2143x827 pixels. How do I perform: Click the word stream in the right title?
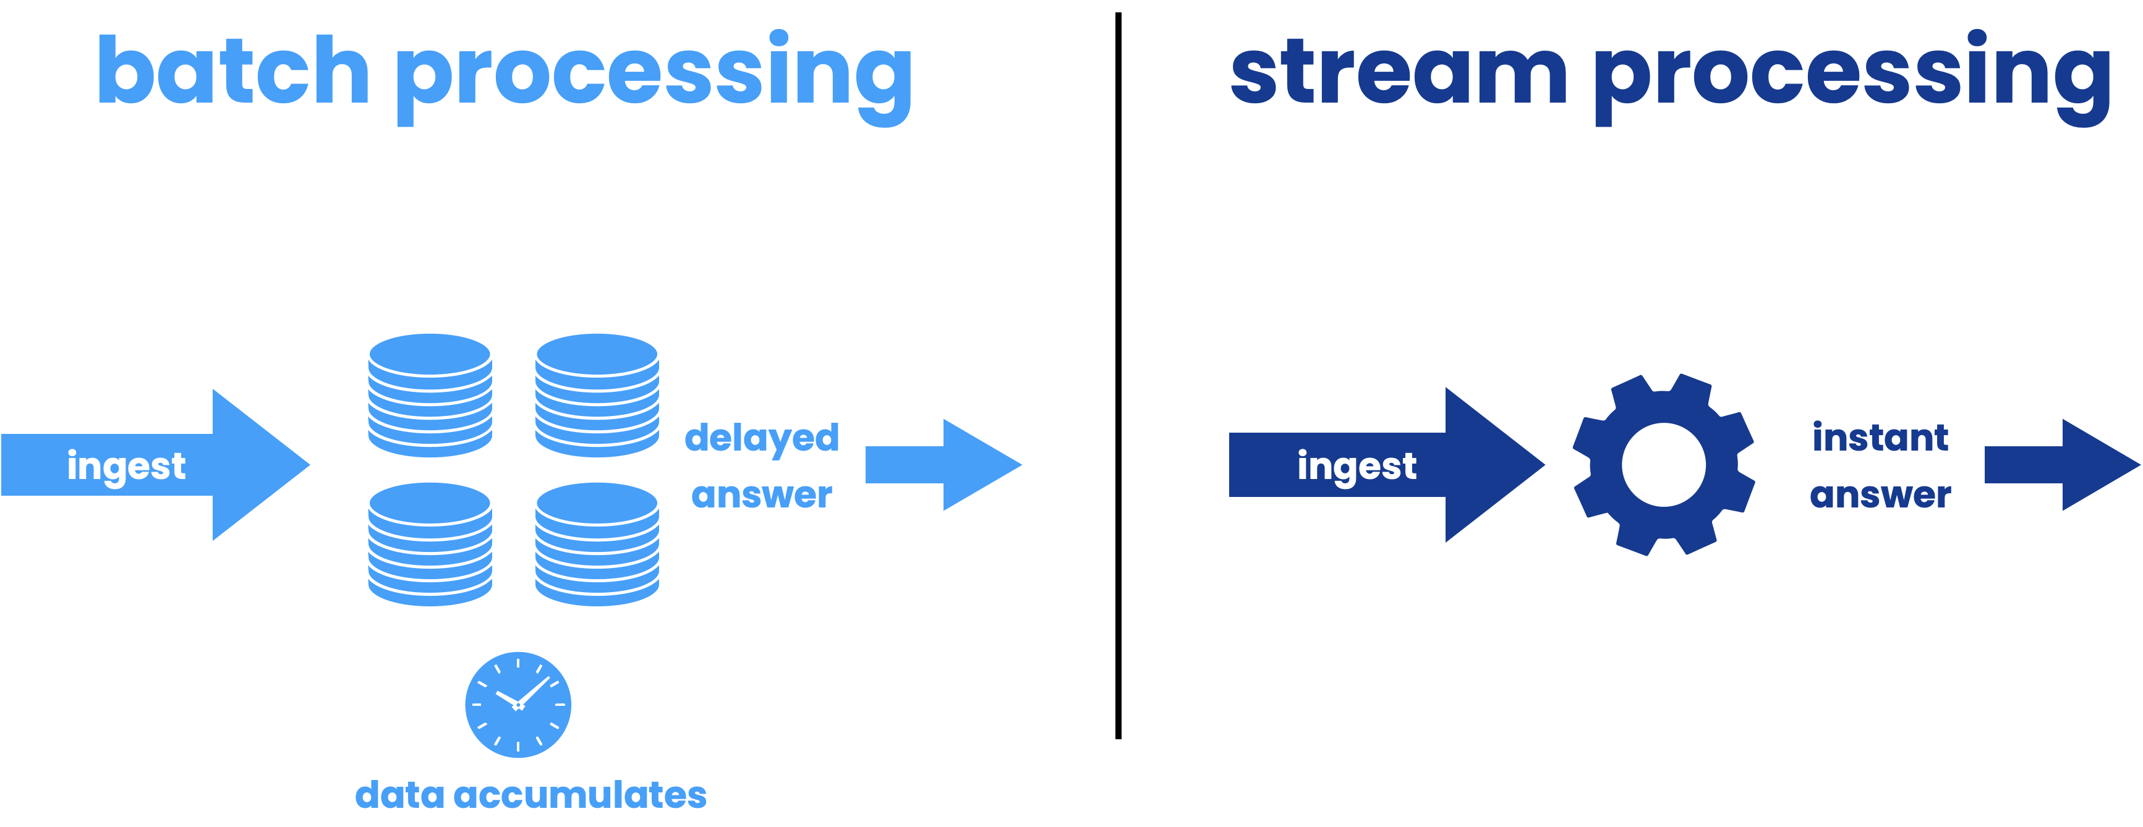pos(1397,73)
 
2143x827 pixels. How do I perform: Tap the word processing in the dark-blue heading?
pos(1852,77)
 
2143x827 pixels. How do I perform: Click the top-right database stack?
pos(597,395)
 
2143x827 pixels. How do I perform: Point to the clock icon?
pos(518,705)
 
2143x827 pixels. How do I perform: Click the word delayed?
pos(761,438)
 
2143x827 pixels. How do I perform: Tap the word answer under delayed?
pos(761,495)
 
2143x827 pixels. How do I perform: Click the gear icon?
pos(1663,464)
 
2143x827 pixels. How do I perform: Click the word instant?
pos(1880,438)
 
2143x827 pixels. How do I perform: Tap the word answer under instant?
pos(1880,495)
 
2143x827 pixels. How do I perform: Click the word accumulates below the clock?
pos(580,795)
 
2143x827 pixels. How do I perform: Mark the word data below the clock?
pos(399,795)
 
